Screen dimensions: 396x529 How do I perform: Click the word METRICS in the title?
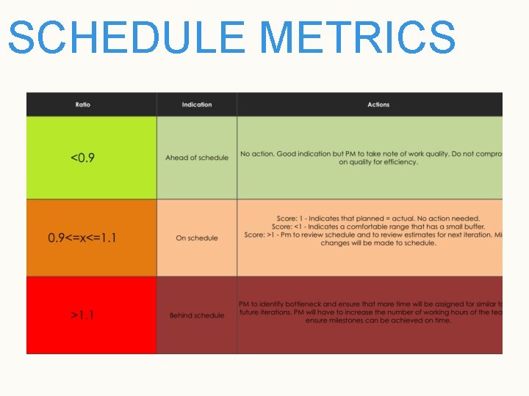pos(358,37)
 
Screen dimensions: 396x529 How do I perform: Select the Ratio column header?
pos(83,105)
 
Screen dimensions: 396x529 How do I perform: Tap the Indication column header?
pos(197,105)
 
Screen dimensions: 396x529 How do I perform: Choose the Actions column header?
pos(378,105)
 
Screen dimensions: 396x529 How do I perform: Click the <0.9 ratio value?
pos(82,158)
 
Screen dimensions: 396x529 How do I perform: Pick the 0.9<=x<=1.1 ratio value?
pos(82,238)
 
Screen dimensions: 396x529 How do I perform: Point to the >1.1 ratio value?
pos(82,315)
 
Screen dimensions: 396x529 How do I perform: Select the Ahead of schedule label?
pos(197,158)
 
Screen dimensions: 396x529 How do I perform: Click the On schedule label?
pos(197,238)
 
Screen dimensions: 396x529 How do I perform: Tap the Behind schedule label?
pos(197,315)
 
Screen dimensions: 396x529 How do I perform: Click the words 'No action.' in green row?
pos(256,154)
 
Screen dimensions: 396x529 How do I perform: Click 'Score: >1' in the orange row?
pos(261,235)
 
